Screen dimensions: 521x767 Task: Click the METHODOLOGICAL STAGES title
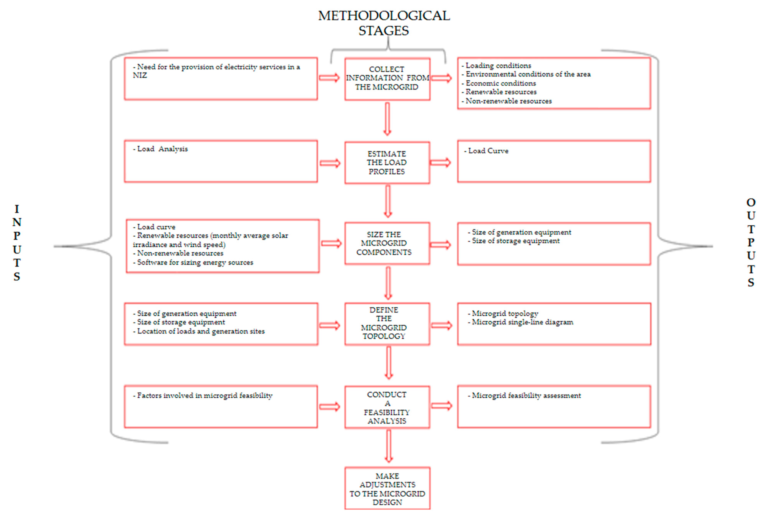pyautogui.click(x=384, y=23)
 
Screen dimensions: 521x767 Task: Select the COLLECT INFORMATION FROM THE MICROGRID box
pyautogui.click(x=387, y=79)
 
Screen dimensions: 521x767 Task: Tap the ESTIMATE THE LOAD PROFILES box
pyautogui.click(x=387, y=162)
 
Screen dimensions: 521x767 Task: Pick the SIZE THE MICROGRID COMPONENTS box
pyautogui.click(x=387, y=243)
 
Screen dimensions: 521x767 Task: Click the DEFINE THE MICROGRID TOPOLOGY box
pyautogui.click(x=387, y=324)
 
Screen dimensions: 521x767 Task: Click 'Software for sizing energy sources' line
pyautogui.click(x=195, y=262)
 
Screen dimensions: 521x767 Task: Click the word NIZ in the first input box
pyautogui.click(x=140, y=75)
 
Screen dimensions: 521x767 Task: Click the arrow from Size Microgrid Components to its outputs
pyautogui.click(x=440, y=245)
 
